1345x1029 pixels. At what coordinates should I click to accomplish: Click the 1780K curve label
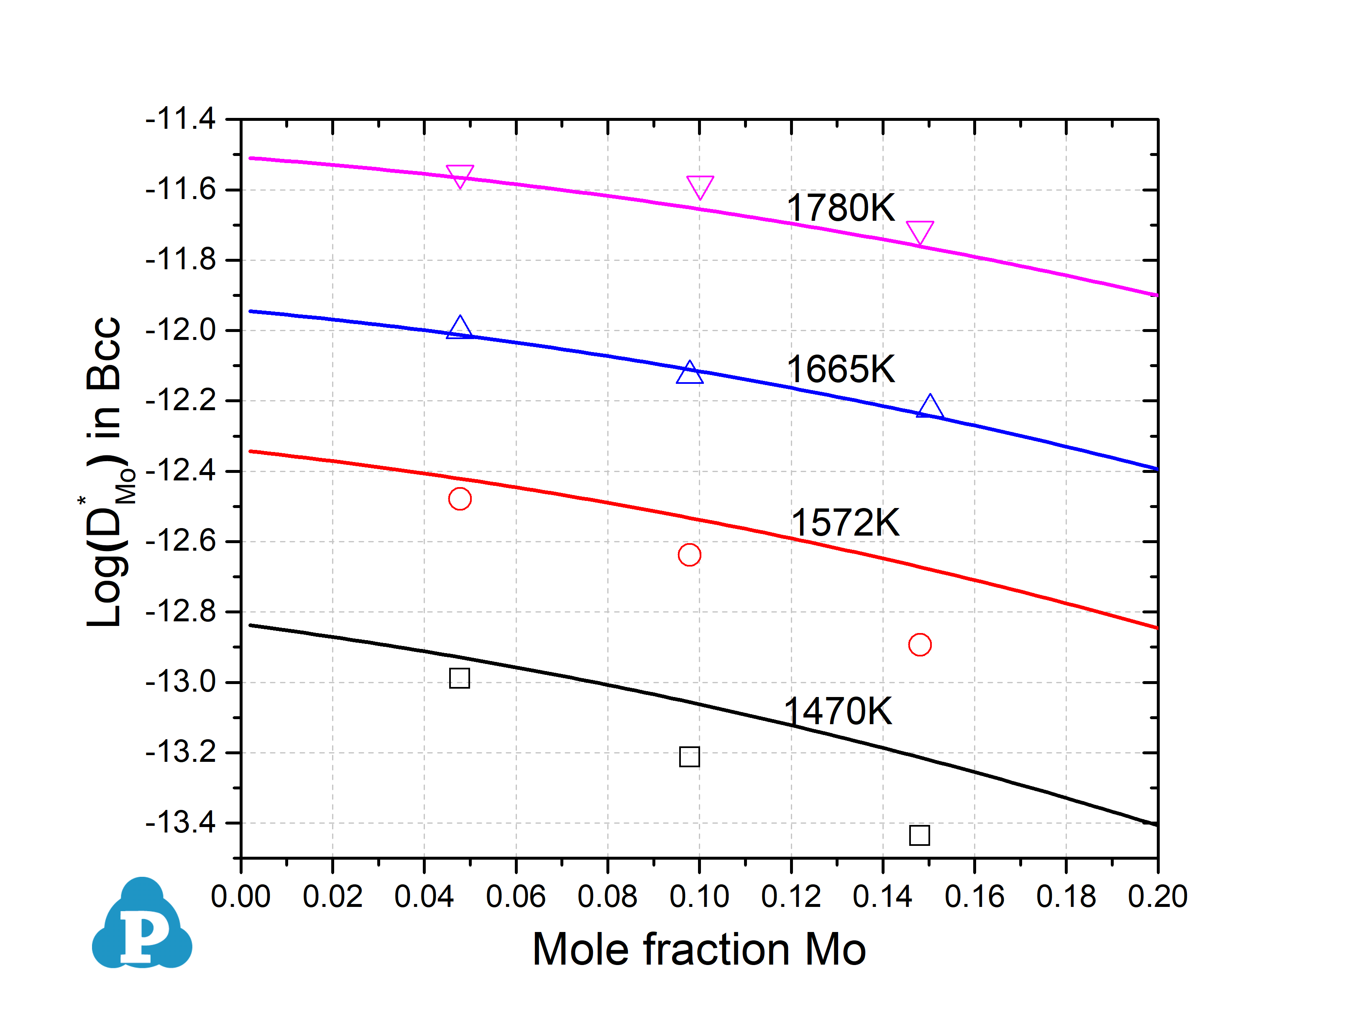(x=840, y=208)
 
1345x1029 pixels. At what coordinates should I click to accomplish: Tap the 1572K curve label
(x=845, y=523)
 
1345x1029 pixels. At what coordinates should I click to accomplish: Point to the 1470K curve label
(x=837, y=711)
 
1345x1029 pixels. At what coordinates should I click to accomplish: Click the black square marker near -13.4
(x=919, y=835)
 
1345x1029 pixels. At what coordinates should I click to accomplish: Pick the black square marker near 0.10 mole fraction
(x=689, y=756)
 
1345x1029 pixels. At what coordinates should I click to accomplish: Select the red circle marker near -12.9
(x=919, y=644)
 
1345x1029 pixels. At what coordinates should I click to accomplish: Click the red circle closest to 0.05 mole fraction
(x=459, y=498)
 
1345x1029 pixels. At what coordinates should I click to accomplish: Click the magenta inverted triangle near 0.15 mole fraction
(x=919, y=232)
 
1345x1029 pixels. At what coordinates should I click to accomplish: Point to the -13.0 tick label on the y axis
(x=181, y=682)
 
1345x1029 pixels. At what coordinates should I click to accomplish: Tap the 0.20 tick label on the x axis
(x=1157, y=897)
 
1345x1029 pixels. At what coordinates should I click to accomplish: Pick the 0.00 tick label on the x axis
(x=241, y=897)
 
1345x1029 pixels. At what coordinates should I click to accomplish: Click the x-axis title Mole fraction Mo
(x=699, y=950)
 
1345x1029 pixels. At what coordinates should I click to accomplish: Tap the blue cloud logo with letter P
(x=142, y=924)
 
